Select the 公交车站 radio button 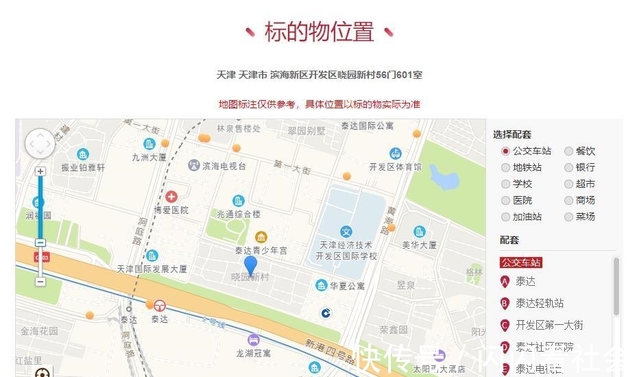point(506,151)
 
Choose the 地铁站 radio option point(506,167)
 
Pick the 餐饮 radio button point(569,151)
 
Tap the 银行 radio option point(569,167)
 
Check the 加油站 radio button point(506,217)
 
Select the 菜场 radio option point(569,217)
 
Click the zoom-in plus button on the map point(40,171)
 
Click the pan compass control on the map point(40,144)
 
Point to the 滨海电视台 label point(224,166)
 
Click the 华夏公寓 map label point(347,285)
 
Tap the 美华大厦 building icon point(419,232)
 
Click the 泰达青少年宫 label point(261,251)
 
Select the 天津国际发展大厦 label point(152,269)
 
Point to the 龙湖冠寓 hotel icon point(254,339)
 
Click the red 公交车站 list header point(522,262)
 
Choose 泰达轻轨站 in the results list point(540,303)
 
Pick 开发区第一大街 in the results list point(549,325)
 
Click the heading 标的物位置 point(320,32)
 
